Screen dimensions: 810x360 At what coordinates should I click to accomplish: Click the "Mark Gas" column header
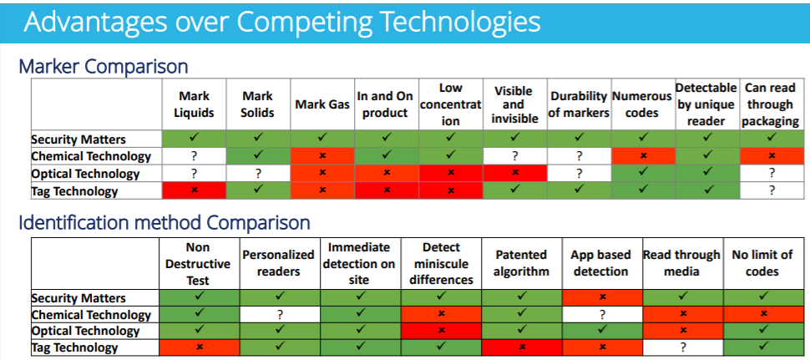tap(321, 104)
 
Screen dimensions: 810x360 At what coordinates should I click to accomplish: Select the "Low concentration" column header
tap(451, 104)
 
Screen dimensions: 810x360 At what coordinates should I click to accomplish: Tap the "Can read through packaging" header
tap(770, 104)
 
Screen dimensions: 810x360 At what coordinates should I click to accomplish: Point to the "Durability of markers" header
tap(579, 104)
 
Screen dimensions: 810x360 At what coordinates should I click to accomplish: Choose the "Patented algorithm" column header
tap(521, 263)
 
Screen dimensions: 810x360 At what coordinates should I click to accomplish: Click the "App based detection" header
tap(600, 263)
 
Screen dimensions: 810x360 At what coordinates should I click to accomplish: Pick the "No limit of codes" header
tap(762, 263)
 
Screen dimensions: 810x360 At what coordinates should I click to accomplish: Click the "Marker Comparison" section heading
tap(104, 67)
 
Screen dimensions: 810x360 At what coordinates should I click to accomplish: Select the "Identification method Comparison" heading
tap(165, 223)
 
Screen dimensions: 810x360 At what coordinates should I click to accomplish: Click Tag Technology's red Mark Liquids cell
tap(195, 190)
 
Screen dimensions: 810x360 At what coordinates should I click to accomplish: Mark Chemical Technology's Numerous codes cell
tap(643, 156)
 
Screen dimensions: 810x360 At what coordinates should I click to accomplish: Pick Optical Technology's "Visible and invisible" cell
tap(514, 173)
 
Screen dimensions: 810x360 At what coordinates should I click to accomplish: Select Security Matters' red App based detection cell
tap(602, 298)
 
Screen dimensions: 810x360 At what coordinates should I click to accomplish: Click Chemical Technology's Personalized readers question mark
tap(280, 315)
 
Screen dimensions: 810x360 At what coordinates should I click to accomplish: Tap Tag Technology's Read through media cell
tap(683, 347)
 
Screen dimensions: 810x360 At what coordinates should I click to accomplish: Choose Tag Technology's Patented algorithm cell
tap(522, 347)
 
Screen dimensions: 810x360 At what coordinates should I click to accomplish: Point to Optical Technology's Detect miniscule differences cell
tap(441, 331)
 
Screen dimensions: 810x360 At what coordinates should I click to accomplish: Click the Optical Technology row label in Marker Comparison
tap(85, 173)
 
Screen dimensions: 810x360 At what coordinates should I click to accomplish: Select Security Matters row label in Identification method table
tap(78, 298)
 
